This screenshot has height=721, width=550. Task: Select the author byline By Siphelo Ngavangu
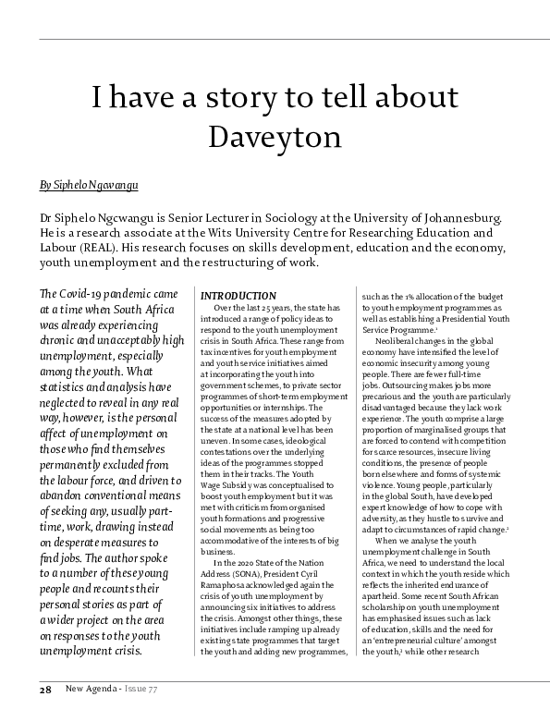[x=89, y=185]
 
